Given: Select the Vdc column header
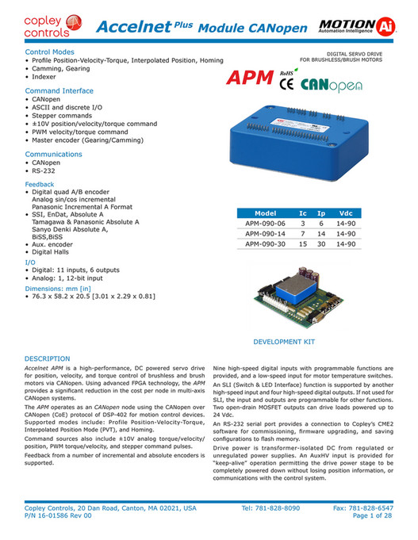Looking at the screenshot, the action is (347, 214).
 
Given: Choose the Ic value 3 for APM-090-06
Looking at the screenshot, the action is (302, 224).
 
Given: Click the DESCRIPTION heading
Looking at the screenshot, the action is (48, 358).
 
